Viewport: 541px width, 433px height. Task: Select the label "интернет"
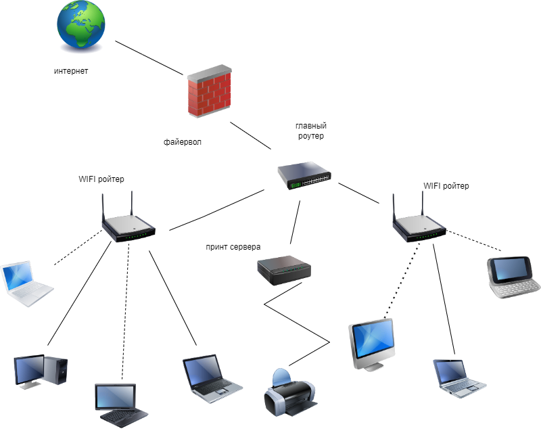(71, 71)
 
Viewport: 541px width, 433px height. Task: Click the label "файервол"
(183, 143)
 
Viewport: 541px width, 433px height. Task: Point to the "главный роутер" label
(310, 131)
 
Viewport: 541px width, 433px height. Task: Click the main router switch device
(304, 175)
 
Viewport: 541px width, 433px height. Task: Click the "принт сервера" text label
(233, 247)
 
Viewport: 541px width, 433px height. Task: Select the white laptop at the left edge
(25, 283)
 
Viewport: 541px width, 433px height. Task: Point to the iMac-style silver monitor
(372, 344)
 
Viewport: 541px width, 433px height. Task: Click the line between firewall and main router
(250, 136)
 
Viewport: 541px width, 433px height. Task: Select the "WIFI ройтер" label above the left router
(101, 179)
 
